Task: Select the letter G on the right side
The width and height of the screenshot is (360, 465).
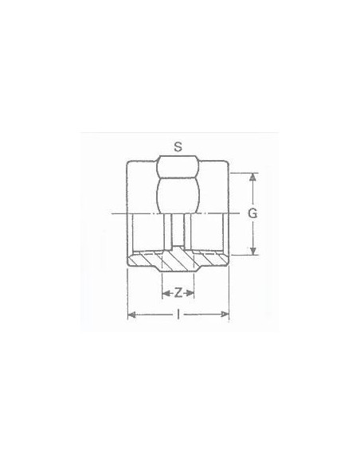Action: coord(252,213)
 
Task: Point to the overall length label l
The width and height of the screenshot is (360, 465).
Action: coord(178,315)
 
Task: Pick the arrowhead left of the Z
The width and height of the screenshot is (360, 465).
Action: coord(166,293)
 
